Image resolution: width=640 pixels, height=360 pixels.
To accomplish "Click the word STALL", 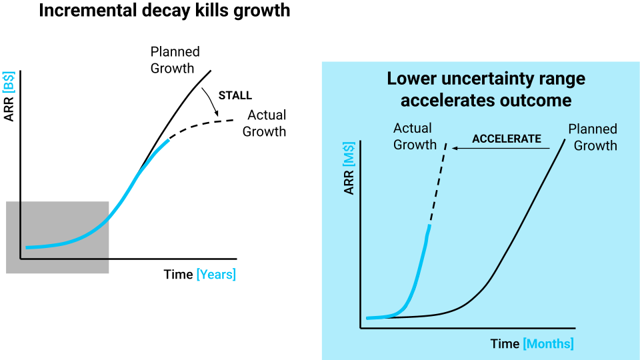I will (235, 95).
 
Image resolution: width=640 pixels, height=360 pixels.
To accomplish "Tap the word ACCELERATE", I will (507, 139).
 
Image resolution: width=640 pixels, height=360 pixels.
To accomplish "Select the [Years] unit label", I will (216, 274).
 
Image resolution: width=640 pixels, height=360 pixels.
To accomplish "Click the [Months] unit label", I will (548, 343).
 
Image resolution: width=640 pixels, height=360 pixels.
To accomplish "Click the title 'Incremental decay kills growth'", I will (165, 11).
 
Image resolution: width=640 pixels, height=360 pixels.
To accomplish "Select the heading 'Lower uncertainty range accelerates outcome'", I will (486, 89).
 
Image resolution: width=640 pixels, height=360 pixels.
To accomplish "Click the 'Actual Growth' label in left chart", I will (264, 123).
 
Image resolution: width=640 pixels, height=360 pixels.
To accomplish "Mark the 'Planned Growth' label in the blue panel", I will (593, 137).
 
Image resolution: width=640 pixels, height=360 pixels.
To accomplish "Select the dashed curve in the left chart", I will (200, 125).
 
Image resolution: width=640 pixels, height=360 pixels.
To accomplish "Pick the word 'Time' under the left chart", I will (178, 274).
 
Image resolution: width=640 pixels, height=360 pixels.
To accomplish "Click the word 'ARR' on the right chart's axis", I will (349, 184).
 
